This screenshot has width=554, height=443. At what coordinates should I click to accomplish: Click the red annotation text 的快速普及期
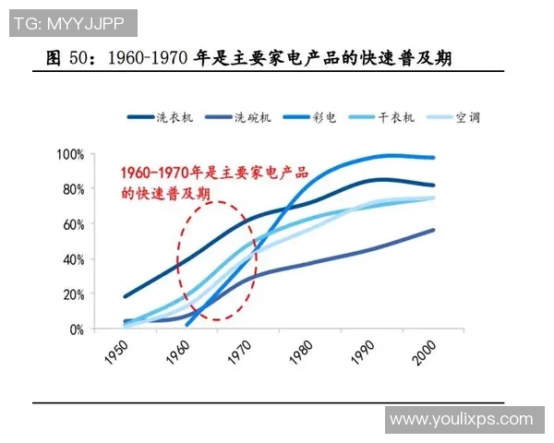click(165, 193)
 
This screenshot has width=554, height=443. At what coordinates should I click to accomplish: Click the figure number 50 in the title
click(80, 59)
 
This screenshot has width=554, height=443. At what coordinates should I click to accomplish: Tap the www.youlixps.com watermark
click(461, 420)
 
